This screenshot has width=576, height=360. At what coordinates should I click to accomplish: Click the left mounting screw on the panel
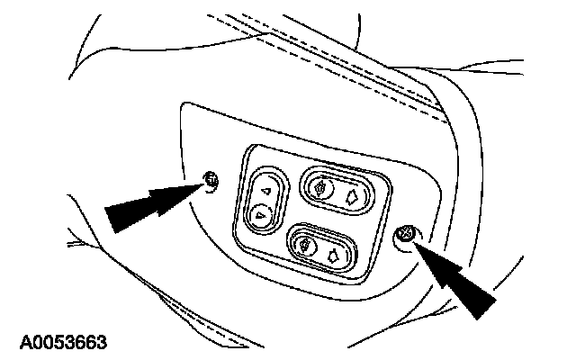210,181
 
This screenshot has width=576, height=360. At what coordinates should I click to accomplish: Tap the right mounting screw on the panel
405,235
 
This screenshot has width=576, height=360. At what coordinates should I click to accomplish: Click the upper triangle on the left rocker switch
265,190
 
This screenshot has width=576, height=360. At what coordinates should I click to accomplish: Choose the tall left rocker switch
262,202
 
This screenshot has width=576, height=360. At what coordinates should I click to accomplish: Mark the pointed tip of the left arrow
203,184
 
